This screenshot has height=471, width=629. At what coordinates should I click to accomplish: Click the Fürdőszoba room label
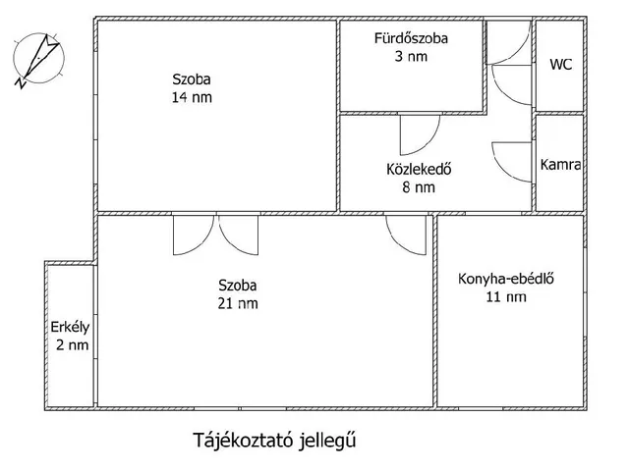point(411,38)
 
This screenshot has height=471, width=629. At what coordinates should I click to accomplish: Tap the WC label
point(561,65)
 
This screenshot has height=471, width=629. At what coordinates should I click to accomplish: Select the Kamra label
point(560,165)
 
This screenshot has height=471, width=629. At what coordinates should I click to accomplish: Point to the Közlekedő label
point(419,169)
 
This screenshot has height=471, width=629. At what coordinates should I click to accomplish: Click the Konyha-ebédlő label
point(506,279)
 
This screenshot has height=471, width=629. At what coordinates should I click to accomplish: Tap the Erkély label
point(70,328)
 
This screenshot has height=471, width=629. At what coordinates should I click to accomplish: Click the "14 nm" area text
point(192,97)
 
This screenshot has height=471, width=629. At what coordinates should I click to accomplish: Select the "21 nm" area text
point(238,303)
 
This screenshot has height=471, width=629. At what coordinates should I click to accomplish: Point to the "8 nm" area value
point(419,187)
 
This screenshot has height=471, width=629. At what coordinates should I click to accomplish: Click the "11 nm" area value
point(506,297)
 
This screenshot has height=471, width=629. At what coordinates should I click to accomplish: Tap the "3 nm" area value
point(411,57)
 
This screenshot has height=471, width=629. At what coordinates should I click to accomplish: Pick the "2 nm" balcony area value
point(72,345)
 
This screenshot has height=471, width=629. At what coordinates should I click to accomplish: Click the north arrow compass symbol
point(39,59)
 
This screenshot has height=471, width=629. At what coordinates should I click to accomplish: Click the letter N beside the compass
point(21,83)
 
